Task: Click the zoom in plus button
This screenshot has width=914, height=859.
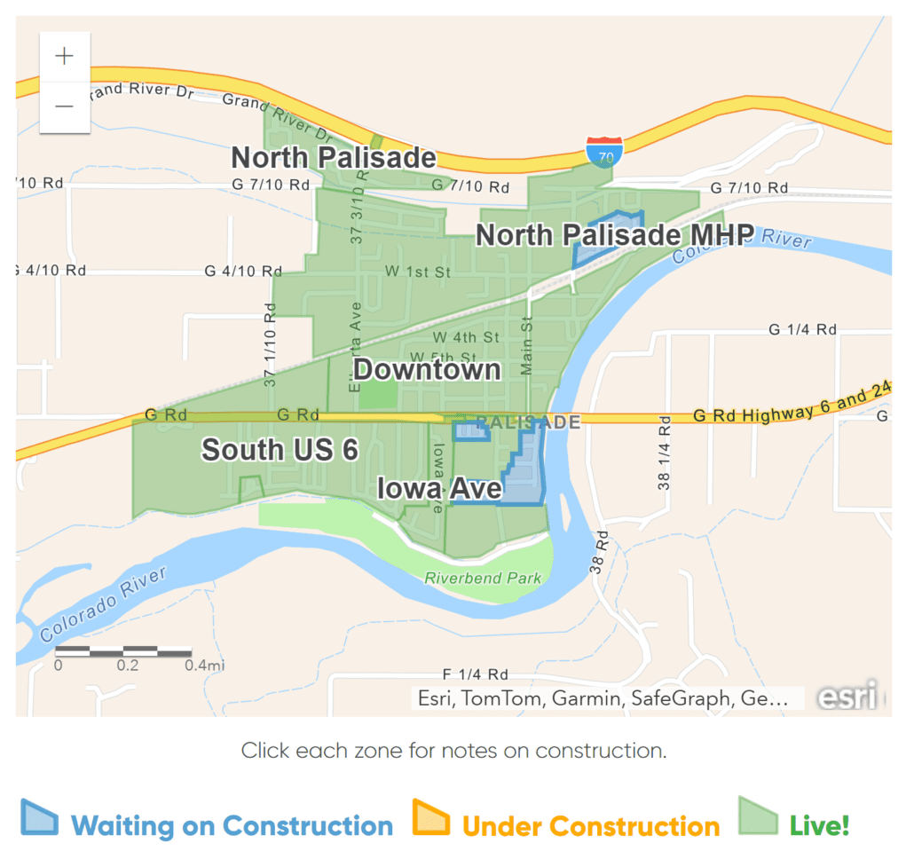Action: [x=65, y=57]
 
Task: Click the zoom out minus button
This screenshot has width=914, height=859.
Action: [x=65, y=106]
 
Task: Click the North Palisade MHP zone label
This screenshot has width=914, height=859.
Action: [x=615, y=235]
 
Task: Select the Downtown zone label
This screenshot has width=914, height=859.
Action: [x=427, y=369]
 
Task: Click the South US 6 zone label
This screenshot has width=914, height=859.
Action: [x=280, y=450]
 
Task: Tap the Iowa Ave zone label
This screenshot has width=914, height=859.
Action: [x=439, y=489]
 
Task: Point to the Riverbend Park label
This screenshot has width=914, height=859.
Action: [x=483, y=579]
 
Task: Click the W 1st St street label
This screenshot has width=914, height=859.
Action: [x=418, y=272]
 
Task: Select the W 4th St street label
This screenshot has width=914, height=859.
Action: [x=466, y=337]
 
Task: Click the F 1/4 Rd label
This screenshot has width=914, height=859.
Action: [x=475, y=674]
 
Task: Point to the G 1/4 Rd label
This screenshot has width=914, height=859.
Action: [x=802, y=330]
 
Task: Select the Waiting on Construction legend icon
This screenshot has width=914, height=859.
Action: [x=40, y=819]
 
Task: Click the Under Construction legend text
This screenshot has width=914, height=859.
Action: [x=591, y=826]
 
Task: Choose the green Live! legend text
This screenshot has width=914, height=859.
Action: [x=819, y=825]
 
